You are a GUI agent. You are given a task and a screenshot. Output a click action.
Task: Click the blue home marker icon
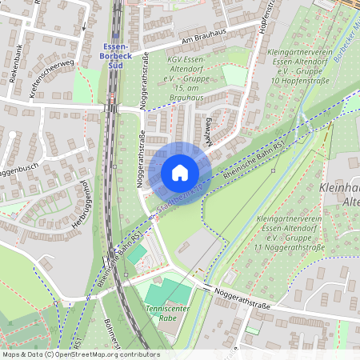tap(179, 173)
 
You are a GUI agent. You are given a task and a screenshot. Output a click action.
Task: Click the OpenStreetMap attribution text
tap(80, 354)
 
